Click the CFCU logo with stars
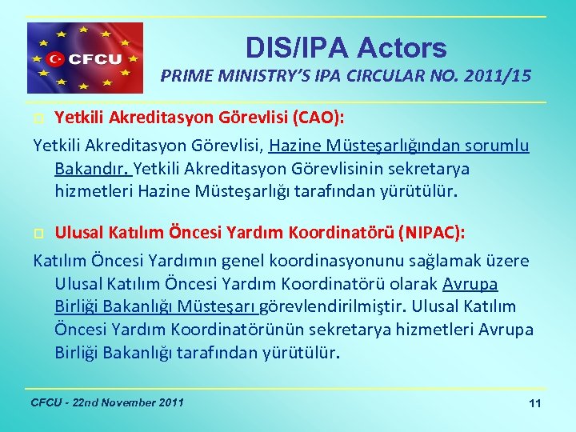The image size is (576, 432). pos(86,58)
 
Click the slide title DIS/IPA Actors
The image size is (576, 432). pos(346,48)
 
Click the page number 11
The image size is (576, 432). pos(535,403)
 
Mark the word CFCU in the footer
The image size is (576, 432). pos(46,402)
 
